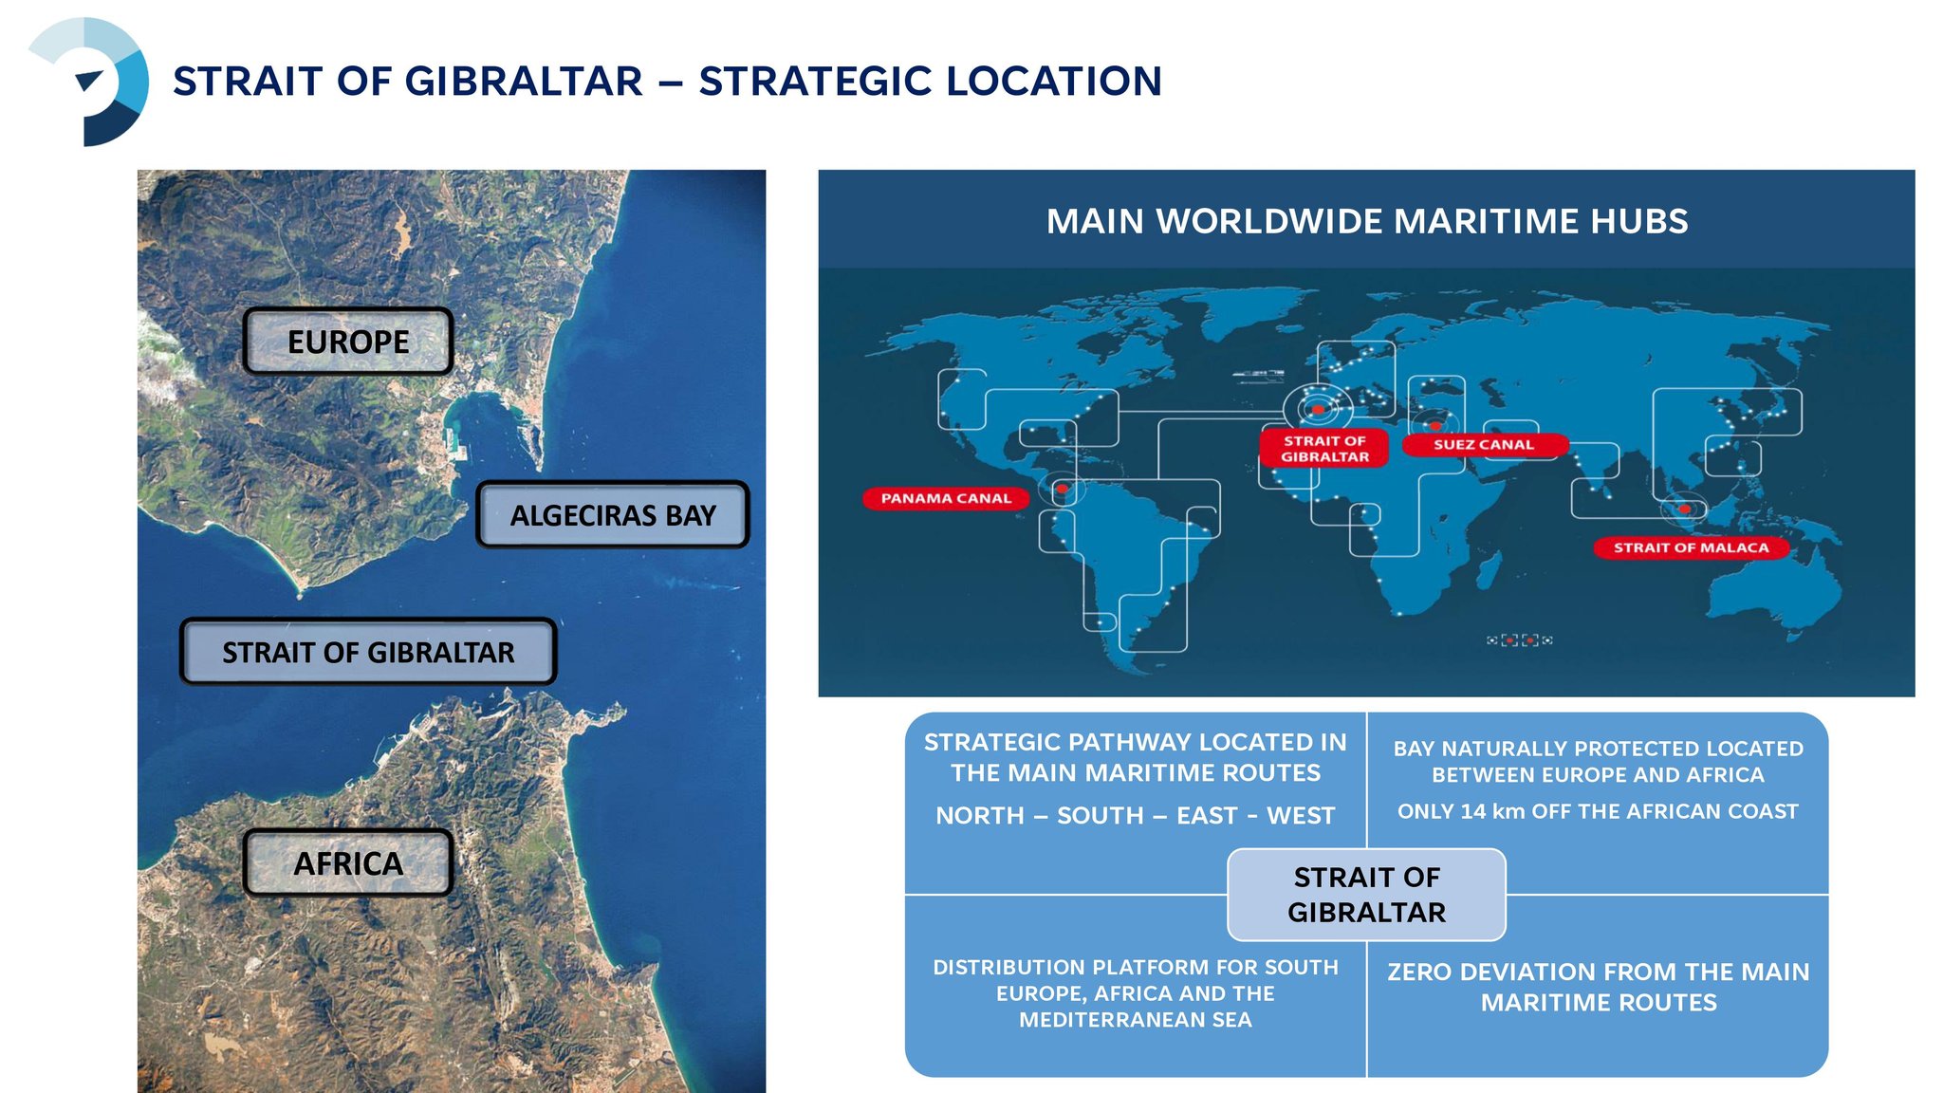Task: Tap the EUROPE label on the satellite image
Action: pyautogui.click(x=348, y=342)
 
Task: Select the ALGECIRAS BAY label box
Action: pyautogui.click(x=613, y=515)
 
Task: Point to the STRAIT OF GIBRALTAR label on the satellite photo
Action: pyautogui.click(x=368, y=652)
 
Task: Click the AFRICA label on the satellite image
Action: pyautogui.click(x=348, y=863)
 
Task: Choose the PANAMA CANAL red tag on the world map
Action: pyautogui.click(x=946, y=498)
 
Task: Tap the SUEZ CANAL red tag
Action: pyautogui.click(x=1484, y=444)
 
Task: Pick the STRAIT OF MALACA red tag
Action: pyautogui.click(x=1691, y=547)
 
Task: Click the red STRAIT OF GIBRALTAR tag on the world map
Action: pyautogui.click(x=1324, y=448)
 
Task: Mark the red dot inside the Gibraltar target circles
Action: pyautogui.click(x=1318, y=410)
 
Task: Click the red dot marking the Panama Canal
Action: pyautogui.click(x=1063, y=490)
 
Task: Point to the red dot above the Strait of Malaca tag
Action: pyautogui.click(x=1684, y=509)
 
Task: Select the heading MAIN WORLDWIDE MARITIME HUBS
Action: pyautogui.click(x=1367, y=221)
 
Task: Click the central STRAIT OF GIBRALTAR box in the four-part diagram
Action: pyautogui.click(x=1366, y=895)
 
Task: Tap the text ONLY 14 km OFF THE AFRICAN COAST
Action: pyautogui.click(x=1598, y=811)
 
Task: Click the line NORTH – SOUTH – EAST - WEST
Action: pyautogui.click(x=1135, y=815)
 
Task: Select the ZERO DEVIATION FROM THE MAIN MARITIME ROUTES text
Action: pyautogui.click(x=1599, y=987)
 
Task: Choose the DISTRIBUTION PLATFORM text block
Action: pyautogui.click(x=1136, y=993)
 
